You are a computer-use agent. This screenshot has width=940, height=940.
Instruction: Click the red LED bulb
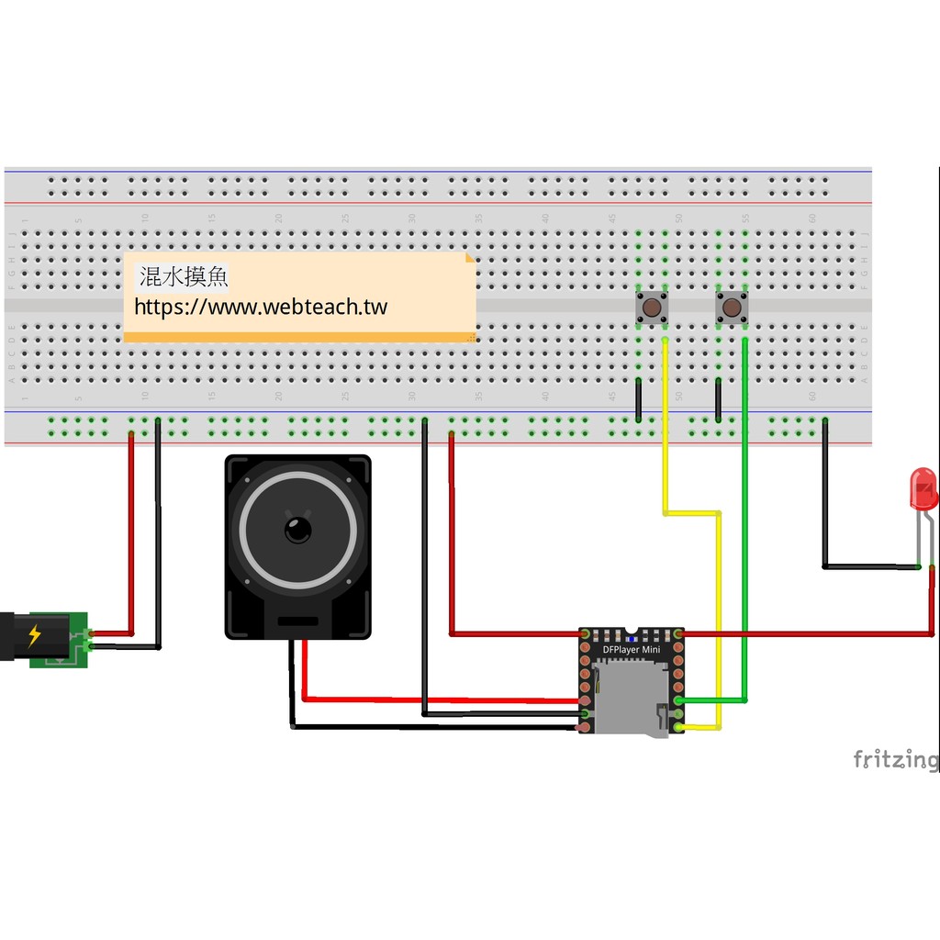(923, 487)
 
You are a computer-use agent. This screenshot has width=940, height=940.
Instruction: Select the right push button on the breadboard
(732, 306)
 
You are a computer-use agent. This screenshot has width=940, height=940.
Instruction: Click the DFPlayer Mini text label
(631, 650)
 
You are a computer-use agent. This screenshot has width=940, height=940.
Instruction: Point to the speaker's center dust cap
(297, 530)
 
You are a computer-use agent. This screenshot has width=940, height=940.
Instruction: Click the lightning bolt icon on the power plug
(35, 635)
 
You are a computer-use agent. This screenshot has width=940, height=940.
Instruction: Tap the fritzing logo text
(895, 759)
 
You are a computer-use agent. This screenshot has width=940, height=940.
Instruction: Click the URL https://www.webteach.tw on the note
(261, 307)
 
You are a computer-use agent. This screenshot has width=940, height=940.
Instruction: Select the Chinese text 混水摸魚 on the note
(183, 276)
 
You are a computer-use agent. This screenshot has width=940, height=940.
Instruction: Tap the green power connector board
(59, 640)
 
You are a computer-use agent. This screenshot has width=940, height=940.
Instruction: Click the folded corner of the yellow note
(470, 259)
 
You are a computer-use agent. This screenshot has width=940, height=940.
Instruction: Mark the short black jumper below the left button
(638, 398)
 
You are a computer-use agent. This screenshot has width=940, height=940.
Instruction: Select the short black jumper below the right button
(718, 398)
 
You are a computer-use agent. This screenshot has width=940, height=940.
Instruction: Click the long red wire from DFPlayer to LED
(808, 633)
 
